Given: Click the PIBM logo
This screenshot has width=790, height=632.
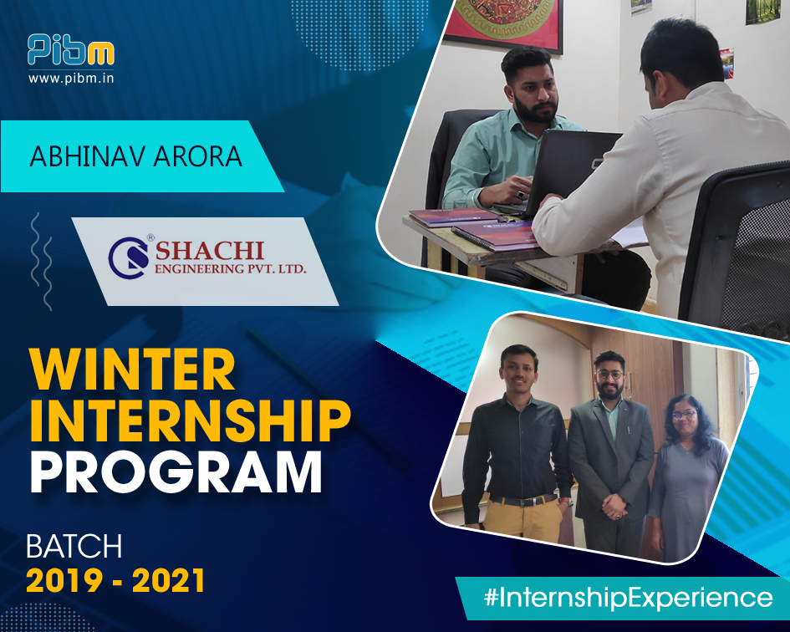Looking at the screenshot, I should (x=70, y=51).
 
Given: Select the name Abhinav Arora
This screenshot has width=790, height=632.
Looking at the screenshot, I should (x=136, y=156).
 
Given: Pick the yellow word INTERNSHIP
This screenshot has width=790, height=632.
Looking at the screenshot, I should (x=189, y=421).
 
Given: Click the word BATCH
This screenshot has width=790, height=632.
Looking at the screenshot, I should (x=74, y=547).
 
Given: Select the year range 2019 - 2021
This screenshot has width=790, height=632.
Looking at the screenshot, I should (x=115, y=581).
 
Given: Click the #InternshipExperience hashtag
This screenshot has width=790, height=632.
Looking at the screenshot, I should (x=628, y=598).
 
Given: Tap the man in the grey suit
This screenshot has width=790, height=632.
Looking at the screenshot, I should (x=612, y=451).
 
